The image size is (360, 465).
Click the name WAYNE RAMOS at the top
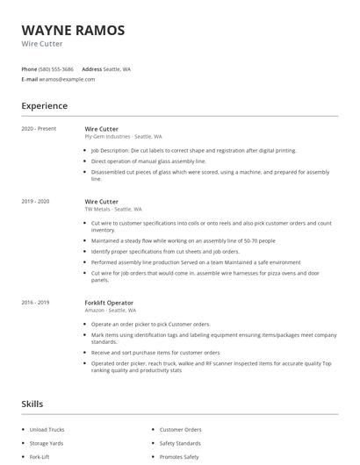click(73, 30)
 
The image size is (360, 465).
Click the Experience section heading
click(44, 106)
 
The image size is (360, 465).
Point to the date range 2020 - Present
click(39, 128)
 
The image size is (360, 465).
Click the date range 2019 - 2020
click(35, 201)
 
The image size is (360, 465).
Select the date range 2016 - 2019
click(35, 303)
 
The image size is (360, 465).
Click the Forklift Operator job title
click(109, 303)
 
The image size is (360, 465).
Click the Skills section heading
click(32, 404)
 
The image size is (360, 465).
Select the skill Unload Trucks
click(47, 429)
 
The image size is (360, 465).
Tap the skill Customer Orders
click(180, 429)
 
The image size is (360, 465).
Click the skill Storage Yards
click(47, 443)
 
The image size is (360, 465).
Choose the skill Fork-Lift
click(40, 456)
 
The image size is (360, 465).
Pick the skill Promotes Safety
click(179, 456)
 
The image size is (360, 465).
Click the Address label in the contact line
click(91, 68)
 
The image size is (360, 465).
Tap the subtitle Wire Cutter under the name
click(42, 44)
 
